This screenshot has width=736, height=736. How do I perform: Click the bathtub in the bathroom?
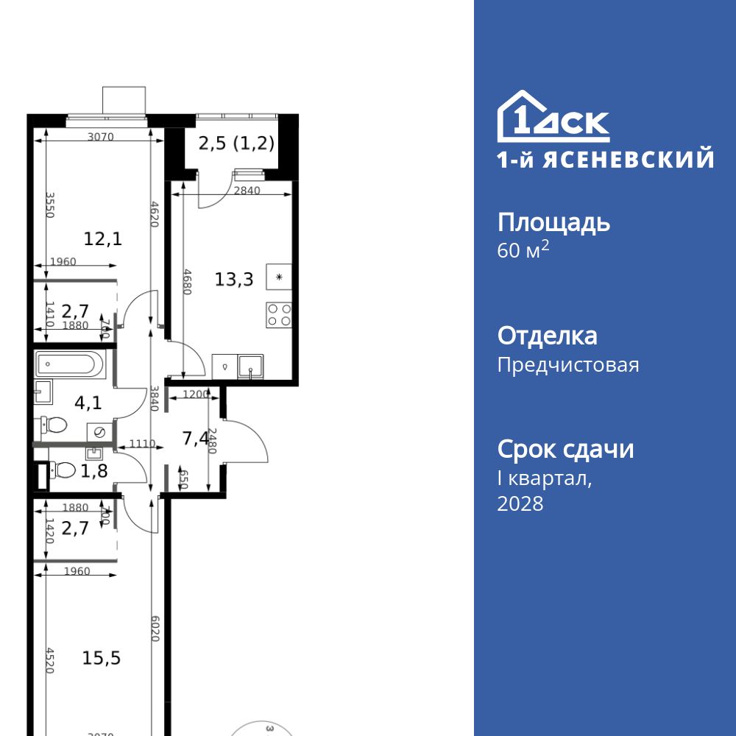click(x=72, y=364)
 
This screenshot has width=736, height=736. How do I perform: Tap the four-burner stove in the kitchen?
click(x=279, y=315)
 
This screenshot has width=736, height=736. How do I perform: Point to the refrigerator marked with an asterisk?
click(x=279, y=277)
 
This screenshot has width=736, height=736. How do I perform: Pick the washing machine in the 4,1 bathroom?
click(x=99, y=432)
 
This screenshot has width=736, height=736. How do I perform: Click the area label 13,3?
click(x=234, y=279)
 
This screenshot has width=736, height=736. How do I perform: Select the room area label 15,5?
click(x=102, y=657)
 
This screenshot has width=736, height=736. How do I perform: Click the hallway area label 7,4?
click(x=195, y=439)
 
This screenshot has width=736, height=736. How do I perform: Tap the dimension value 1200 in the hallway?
click(x=195, y=394)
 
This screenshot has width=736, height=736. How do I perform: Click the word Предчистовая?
click(x=568, y=365)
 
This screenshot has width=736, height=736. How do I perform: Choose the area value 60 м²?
click(x=523, y=250)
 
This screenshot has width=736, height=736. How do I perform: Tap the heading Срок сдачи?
click(x=565, y=449)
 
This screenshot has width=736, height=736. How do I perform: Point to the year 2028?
click(x=520, y=503)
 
